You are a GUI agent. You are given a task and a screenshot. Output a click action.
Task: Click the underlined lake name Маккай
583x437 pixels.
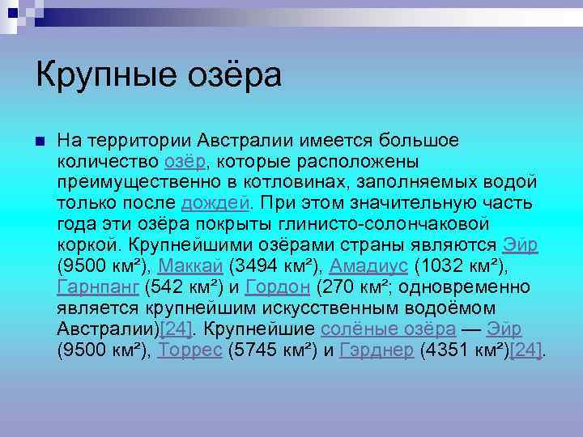[191, 266]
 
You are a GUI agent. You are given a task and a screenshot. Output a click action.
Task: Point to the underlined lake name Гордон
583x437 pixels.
[278, 287]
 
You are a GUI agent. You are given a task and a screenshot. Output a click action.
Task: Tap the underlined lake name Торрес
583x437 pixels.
[191, 350]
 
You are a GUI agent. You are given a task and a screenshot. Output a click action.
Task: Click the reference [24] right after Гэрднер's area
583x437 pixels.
[526, 350]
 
